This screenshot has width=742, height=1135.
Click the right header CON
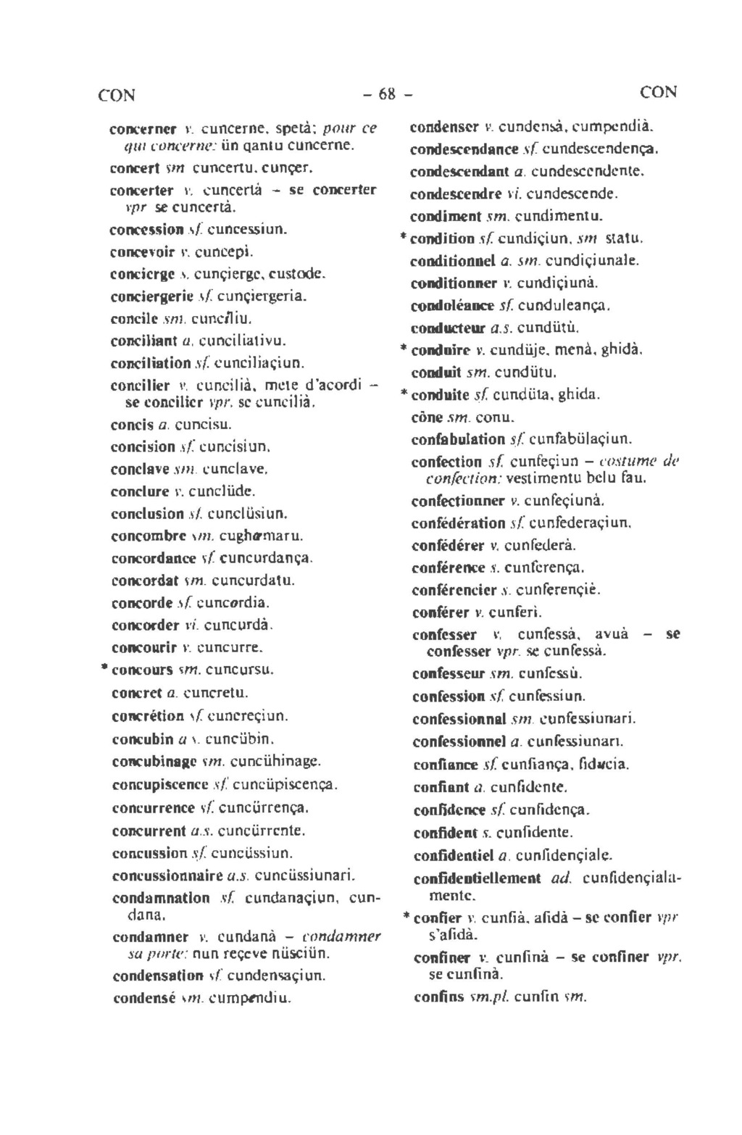coord(658,93)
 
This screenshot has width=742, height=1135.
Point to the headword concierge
coord(142,275)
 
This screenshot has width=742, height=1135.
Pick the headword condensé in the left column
coord(144,999)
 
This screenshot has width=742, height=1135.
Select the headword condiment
coord(446,216)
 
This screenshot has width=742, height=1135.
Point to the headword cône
coord(426,417)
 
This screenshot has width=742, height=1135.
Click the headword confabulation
coord(457,439)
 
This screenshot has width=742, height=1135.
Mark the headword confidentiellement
coord(478,879)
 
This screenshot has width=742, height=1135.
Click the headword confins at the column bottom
coord(438,997)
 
